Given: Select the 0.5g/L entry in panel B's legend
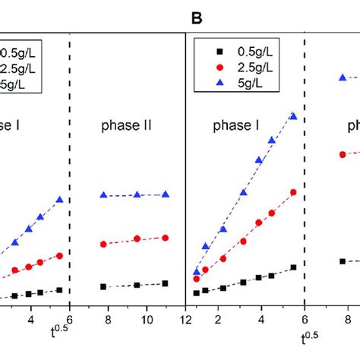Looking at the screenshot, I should tap(245, 51).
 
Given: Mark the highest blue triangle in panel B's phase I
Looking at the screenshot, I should tap(294, 115).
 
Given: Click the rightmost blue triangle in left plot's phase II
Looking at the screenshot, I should tap(165, 194).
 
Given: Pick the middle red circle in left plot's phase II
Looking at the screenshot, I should tap(137, 239).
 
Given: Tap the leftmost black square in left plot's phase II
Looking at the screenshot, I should tap(104, 286).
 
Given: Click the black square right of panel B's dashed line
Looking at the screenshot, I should tap(343, 261).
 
